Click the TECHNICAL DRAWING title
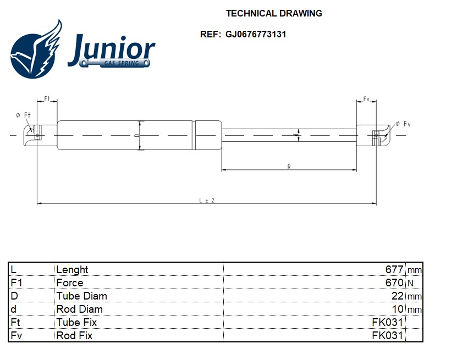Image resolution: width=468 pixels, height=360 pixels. point(274,13)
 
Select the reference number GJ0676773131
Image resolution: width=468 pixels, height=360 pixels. point(256,34)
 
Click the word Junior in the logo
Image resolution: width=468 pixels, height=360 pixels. point(111,49)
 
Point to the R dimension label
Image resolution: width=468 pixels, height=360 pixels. point(289,167)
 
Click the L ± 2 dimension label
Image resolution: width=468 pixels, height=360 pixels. point(207,201)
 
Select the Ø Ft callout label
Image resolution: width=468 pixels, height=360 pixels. point(23,115)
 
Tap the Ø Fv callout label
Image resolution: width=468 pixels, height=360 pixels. point(403,124)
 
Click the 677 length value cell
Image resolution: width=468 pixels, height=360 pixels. point(394,269)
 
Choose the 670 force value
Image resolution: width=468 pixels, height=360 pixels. point(394,283)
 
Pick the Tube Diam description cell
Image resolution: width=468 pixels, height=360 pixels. point(81,296)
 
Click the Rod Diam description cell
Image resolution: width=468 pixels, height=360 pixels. point(79,309)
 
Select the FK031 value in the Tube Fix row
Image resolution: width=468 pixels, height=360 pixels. point(387,322)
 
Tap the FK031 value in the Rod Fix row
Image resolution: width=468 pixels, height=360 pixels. point(387,335)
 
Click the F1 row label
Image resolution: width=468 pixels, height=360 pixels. point(16,283)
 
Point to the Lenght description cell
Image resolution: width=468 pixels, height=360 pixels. point(72,270)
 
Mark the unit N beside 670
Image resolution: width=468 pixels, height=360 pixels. point(411,283)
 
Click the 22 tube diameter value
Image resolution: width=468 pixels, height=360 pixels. point(397,296)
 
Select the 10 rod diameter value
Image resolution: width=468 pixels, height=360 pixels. point(398,309)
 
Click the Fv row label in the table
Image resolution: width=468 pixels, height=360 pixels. point(16,335)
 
